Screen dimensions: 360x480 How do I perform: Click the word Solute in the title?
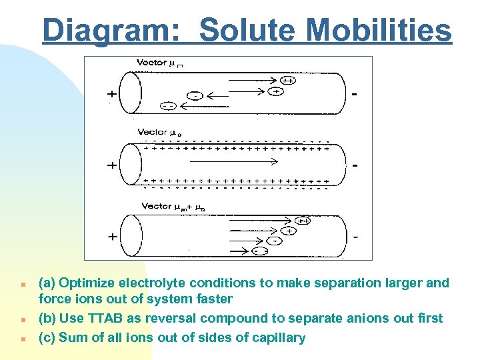[x=247, y=30]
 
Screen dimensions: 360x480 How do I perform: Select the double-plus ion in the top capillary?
[x=289, y=81]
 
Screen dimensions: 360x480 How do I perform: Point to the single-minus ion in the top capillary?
[x=195, y=95]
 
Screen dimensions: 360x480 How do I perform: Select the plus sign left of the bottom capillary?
[x=113, y=237]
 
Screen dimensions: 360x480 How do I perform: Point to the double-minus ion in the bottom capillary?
[x=261, y=251]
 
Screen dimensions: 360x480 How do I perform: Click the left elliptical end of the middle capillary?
[x=132, y=164]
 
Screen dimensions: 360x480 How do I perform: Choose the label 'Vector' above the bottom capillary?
[x=156, y=206]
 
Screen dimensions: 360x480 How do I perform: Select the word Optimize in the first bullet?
[x=87, y=283]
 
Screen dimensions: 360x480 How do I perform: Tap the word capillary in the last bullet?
[x=276, y=338]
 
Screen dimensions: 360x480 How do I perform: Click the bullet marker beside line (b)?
[x=22, y=319]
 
